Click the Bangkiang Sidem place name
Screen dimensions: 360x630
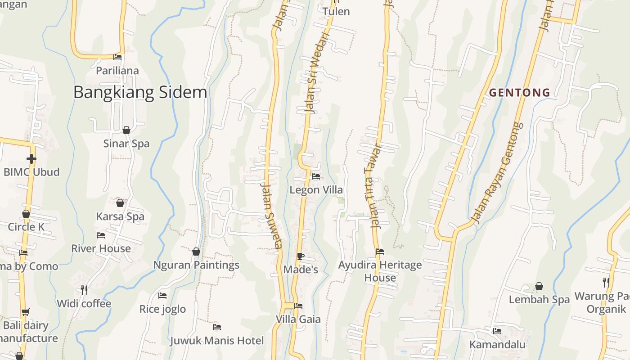tap(140, 93)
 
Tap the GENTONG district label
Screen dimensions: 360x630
tap(520, 93)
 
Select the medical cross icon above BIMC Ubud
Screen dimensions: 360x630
tap(31, 158)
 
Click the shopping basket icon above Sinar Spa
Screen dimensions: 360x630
tap(126, 130)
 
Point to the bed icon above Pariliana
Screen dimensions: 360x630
tap(117, 57)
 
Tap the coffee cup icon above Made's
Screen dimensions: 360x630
tap(300, 256)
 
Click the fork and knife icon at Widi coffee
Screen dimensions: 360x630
tap(84, 290)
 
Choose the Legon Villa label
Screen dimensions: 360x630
tap(316, 190)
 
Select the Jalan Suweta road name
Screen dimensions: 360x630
tap(271, 216)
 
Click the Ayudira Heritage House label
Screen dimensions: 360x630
tap(380, 271)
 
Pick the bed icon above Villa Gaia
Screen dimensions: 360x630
tap(298, 306)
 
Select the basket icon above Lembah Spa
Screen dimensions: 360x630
tap(539, 286)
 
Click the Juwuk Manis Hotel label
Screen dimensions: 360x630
tap(217, 341)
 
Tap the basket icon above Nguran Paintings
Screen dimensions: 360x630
tap(196, 252)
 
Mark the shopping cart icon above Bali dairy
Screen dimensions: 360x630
tap(26, 312)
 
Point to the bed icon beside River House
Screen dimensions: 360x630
tap(101, 235)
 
